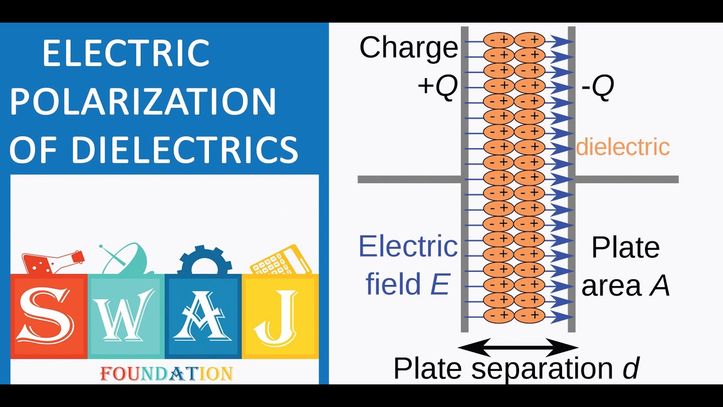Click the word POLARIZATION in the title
(x=143, y=102)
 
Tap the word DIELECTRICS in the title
(x=184, y=149)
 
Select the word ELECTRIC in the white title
(x=126, y=54)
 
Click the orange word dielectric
(x=622, y=147)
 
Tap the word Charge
(x=408, y=47)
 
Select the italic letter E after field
(x=440, y=284)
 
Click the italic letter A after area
(x=659, y=286)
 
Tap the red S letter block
(x=49, y=317)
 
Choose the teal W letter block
(x=126, y=317)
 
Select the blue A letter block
(x=203, y=317)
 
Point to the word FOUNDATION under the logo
(x=166, y=374)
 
